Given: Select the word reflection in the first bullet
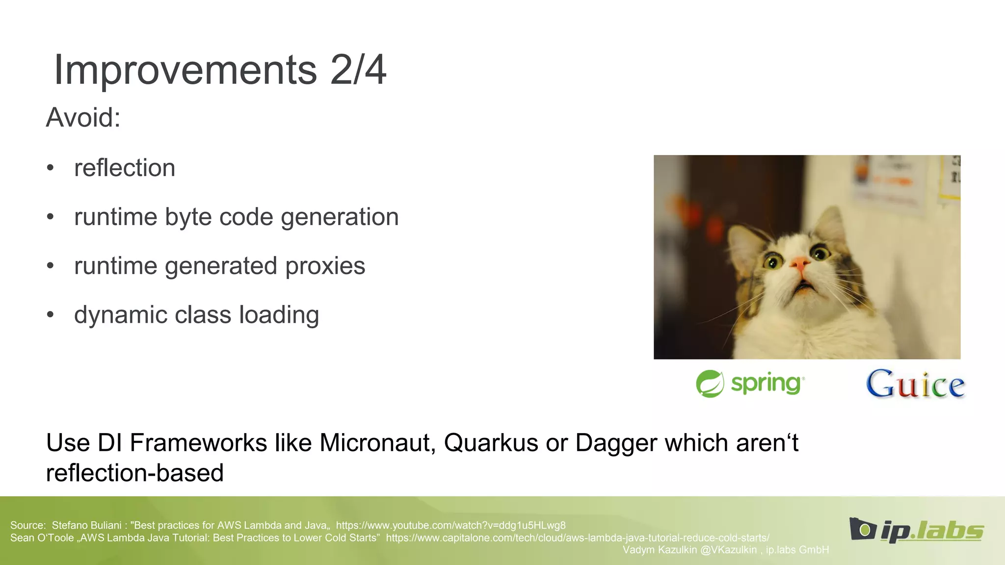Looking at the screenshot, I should pyautogui.click(x=125, y=168).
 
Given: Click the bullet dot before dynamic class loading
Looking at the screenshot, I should pyautogui.click(x=50, y=315).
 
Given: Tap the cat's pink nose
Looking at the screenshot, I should pyautogui.click(x=799, y=265).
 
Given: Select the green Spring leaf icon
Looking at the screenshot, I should pyautogui.click(x=710, y=384).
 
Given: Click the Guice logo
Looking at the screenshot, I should pyautogui.click(x=915, y=384).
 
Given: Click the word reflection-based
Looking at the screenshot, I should pyautogui.click(x=135, y=473).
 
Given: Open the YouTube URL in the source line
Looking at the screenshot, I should pyautogui.click(x=450, y=525).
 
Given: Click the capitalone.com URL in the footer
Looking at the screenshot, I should pyautogui.click(x=577, y=538).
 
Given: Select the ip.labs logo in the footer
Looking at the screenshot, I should pyautogui.click(x=916, y=530).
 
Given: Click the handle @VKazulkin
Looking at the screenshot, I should pyautogui.click(x=728, y=550).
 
